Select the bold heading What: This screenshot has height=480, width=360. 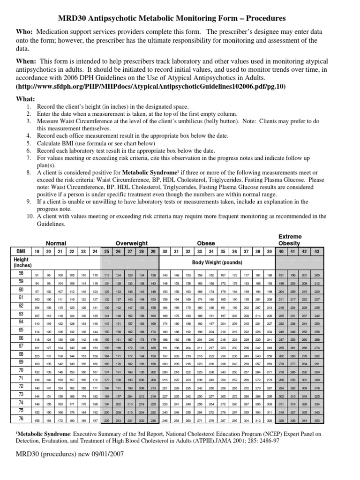click(x=26, y=99)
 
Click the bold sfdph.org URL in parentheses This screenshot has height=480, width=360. click(x=150, y=87)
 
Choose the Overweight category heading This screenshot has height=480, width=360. click(x=132, y=243)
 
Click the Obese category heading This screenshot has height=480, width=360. click(x=206, y=243)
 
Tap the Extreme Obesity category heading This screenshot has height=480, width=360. click(x=290, y=240)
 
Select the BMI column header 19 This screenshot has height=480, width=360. click(x=37, y=252)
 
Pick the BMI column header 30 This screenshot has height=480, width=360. click(x=165, y=252)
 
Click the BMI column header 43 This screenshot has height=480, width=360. click(x=316, y=252)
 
